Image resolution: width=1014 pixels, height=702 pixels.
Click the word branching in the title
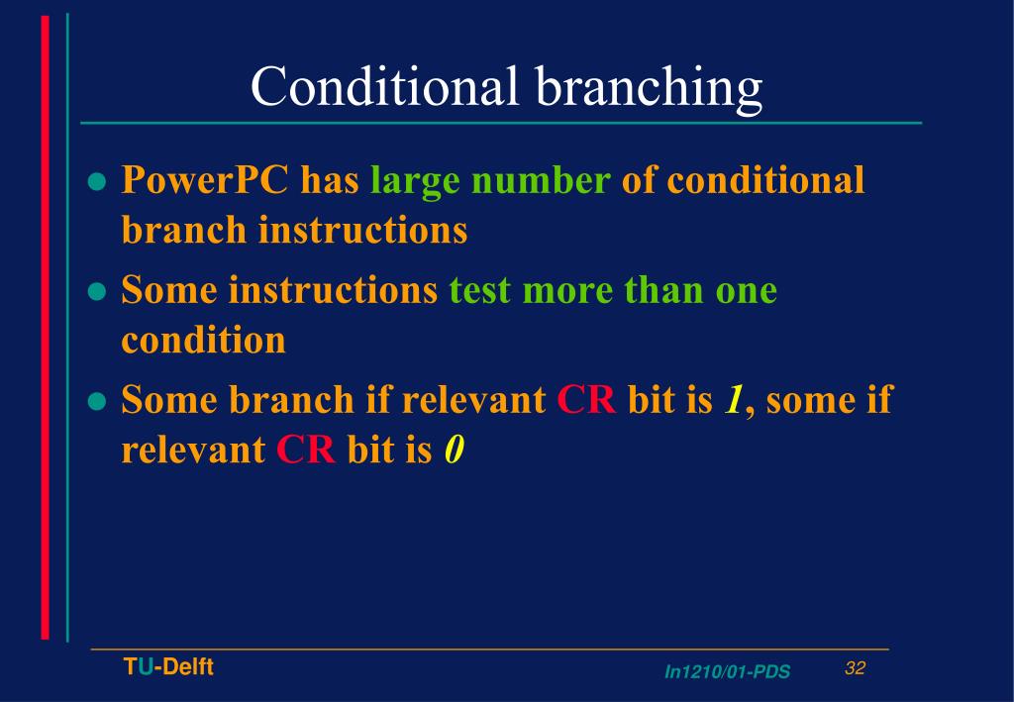click(x=650, y=88)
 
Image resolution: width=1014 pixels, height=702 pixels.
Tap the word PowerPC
click(x=205, y=181)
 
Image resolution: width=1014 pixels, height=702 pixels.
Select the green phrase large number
click(x=490, y=181)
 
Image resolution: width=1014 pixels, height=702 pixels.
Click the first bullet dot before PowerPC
click(x=96, y=182)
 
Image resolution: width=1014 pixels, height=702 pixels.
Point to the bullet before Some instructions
click(x=96, y=292)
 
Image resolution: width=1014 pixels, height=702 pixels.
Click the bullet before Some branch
click(x=96, y=401)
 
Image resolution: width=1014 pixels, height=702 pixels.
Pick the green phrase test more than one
click(x=613, y=291)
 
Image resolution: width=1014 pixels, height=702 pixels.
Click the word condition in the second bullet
click(x=203, y=341)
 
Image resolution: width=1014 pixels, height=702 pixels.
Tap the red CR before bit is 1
click(x=586, y=400)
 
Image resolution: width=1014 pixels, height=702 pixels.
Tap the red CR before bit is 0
click(x=306, y=451)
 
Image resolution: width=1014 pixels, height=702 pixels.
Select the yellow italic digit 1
click(x=734, y=400)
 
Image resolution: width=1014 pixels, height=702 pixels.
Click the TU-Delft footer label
click(x=168, y=667)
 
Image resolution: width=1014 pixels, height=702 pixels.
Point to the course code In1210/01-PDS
click(x=727, y=672)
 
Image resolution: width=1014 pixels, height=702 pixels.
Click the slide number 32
click(x=856, y=668)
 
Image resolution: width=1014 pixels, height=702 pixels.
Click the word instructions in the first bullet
click(x=362, y=231)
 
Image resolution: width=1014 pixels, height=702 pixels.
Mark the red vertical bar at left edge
click(x=45, y=327)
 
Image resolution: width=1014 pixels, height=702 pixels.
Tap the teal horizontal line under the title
click(x=500, y=123)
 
